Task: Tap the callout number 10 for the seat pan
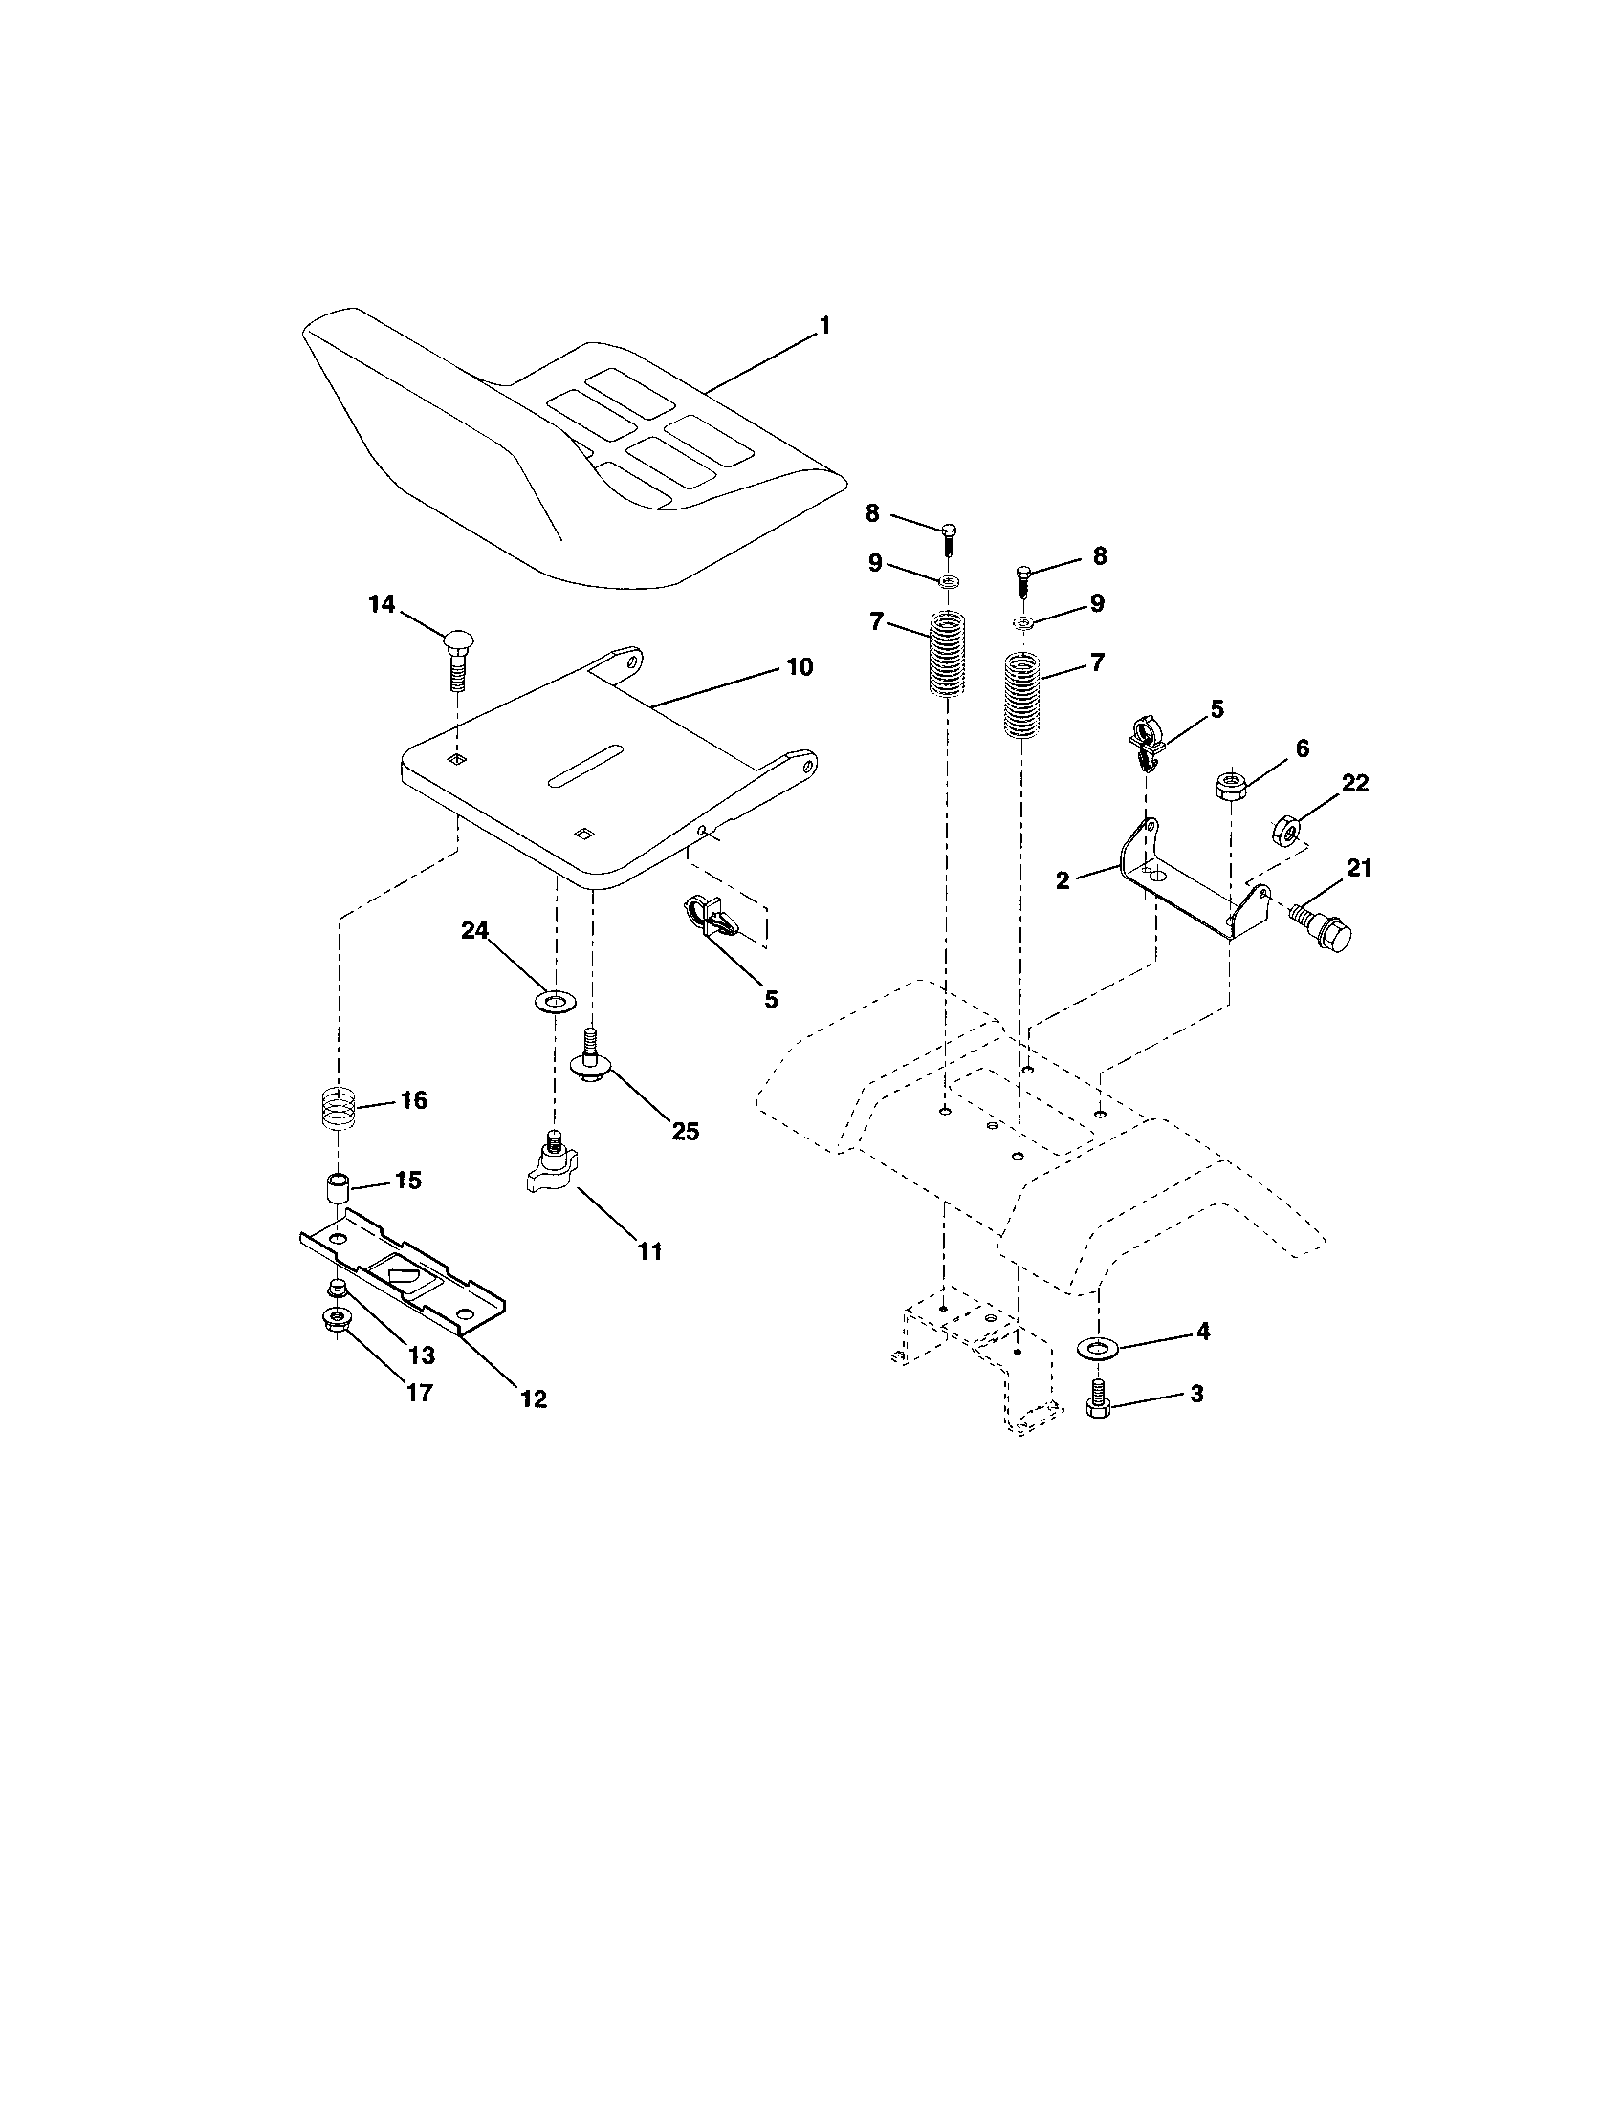800,666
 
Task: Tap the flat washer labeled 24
552,1002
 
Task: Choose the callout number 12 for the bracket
533,1399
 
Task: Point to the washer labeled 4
1095,1346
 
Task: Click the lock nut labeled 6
1230,786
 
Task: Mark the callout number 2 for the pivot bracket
1063,880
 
